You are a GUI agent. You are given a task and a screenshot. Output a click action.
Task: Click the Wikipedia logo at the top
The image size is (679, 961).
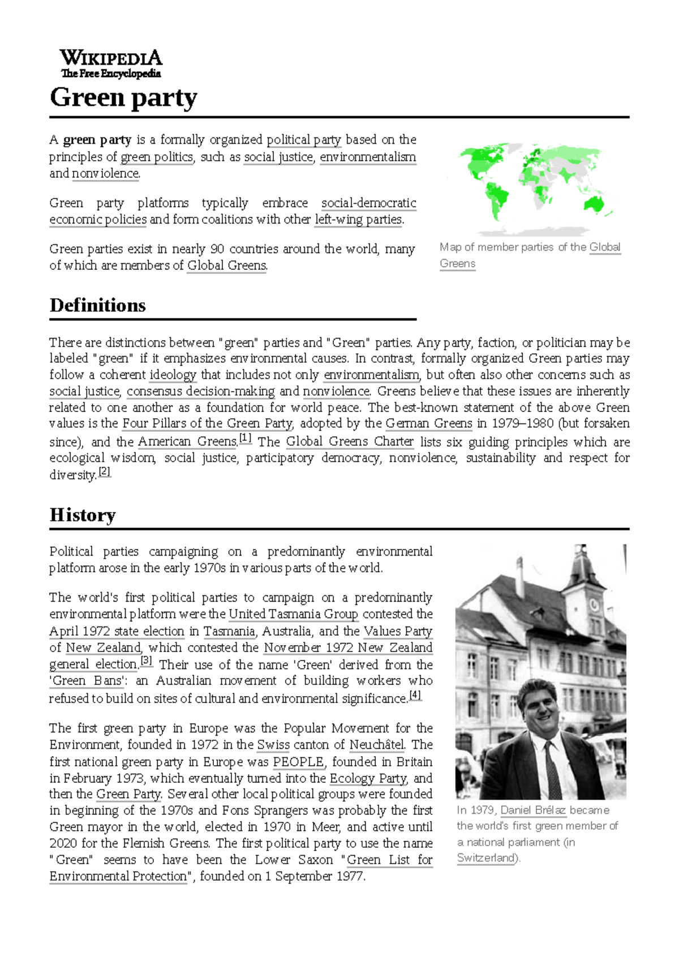[111, 63]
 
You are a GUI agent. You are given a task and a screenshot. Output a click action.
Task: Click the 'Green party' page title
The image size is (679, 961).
[123, 97]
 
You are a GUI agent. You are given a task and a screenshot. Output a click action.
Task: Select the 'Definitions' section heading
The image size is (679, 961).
[98, 306]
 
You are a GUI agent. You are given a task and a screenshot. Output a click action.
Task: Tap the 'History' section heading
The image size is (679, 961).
[83, 515]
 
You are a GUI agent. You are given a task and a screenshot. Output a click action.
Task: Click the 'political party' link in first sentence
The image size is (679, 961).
[304, 140]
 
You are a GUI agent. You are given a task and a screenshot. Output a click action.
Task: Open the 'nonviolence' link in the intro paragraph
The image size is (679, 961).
[105, 173]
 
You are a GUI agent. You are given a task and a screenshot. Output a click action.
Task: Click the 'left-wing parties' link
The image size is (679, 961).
[358, 220]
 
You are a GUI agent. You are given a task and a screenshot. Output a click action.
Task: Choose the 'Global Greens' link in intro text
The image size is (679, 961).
[227, 265]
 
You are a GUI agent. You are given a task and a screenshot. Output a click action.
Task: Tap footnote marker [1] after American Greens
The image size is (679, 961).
[246, 438]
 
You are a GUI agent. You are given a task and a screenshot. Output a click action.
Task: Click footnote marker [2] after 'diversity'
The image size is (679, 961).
[105, 471]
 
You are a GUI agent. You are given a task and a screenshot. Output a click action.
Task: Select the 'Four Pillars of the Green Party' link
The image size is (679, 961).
[208, 423]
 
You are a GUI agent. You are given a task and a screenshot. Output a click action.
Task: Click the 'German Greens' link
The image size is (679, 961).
[429, 423]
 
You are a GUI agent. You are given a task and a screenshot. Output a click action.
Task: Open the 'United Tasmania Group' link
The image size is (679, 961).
[293, 614]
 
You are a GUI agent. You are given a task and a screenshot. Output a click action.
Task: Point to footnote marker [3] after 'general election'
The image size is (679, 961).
[147, 660]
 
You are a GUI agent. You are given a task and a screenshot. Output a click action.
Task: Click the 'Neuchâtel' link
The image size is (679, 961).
[377, 745]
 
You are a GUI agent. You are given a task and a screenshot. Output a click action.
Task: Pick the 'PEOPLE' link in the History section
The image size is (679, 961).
[299, 762]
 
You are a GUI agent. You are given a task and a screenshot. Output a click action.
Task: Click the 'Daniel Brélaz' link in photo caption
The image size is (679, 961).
[533, 810]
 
